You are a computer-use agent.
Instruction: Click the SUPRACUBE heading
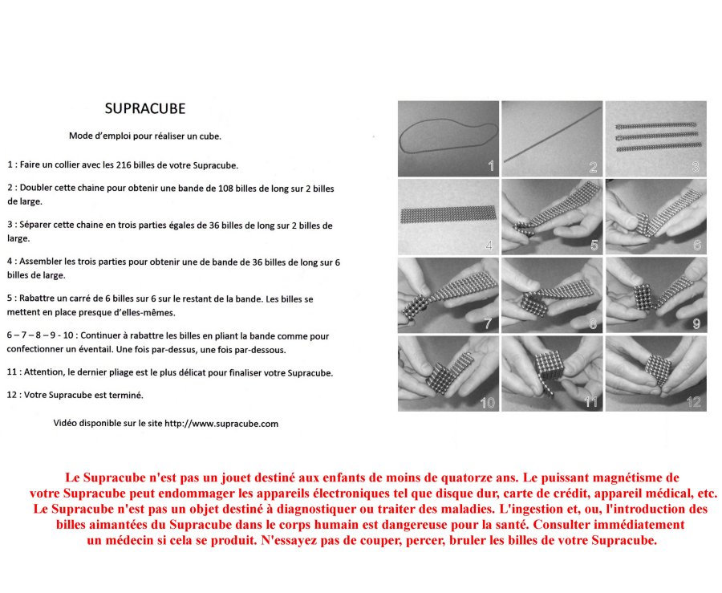coord(145,108)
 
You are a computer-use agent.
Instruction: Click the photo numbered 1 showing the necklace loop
coord(448,139)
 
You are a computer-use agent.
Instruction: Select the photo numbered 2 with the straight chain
coord(552,139)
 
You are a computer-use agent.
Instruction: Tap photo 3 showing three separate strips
coord(655,139)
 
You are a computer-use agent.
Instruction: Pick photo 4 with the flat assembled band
coord(448,217)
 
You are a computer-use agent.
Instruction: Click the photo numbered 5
coord(552,217)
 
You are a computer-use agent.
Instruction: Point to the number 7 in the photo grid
coord(487,323)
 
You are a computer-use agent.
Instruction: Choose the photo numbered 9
coord(655,294)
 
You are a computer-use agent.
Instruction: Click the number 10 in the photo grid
coord(487,402)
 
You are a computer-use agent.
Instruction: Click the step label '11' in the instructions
coord(12,372)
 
